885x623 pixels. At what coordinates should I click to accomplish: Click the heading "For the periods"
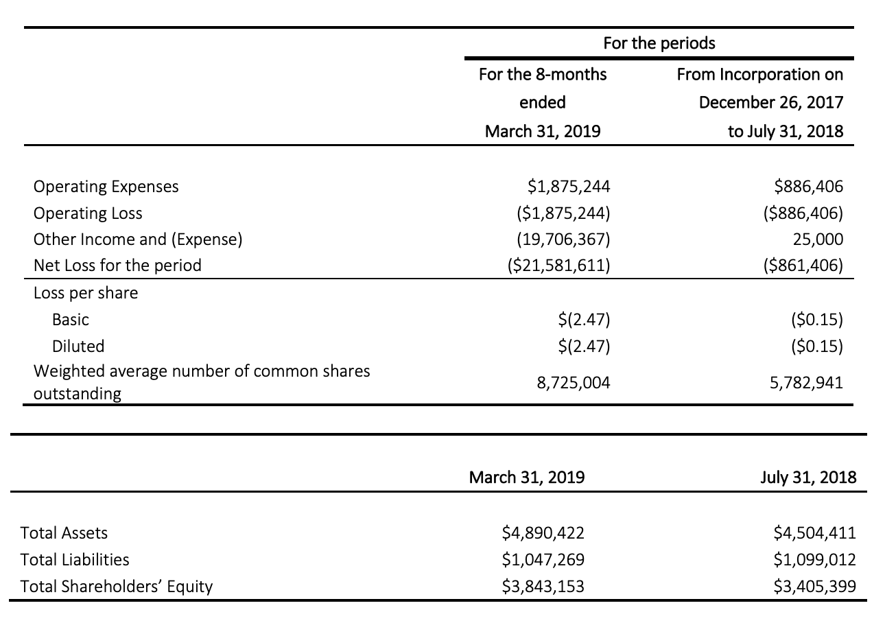pyautogui.click(x=659, y=43)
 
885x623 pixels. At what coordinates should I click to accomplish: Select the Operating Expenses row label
pyautogui.click(x=106, y=187)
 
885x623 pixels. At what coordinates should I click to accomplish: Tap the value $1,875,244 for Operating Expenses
pyautogui.click(x=569, y=187)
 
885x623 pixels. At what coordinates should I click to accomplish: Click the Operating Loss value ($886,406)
pyautogui.click(x=803, y=213)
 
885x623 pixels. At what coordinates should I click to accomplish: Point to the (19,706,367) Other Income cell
pyautogui.click(x=563, y=239)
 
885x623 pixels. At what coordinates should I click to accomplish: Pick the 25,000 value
pyautogui.click(x=818, y=239)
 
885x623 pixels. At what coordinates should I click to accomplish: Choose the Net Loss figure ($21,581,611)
pyautogui.click(x=558, y=266)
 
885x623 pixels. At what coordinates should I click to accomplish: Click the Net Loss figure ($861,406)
pyautogui.click(x=803, y=266)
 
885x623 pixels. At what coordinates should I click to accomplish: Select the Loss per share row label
pyautogui.click(x=86, y=294)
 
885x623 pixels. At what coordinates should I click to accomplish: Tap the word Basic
pyautogui.click(x=71, y=320)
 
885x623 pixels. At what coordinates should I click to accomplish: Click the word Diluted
pyautogui.click(x=78, y=346)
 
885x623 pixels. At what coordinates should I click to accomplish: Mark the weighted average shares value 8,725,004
pyautogui.click(x=574, y=383)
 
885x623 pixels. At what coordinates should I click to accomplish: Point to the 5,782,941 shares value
pyautogui.click(x=806, y=383)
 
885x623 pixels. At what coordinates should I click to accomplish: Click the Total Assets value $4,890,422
pyautogui.click(x=543, y=533)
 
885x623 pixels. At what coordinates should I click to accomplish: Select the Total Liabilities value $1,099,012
pyautogui.click(x=814, y=560)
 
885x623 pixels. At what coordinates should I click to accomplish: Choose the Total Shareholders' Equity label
pyautogui.click(x=117, y=587)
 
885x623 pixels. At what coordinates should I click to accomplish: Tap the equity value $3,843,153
pyautogui.click(x=543, y=587)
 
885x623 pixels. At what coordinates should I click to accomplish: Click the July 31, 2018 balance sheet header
pyautogui.click(x=808, y=478)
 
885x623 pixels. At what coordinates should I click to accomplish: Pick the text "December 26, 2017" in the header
pyautogui.click(x=771, y=103)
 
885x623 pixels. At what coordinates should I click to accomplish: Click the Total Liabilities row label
pyautogui.click(x=75, y=560)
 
